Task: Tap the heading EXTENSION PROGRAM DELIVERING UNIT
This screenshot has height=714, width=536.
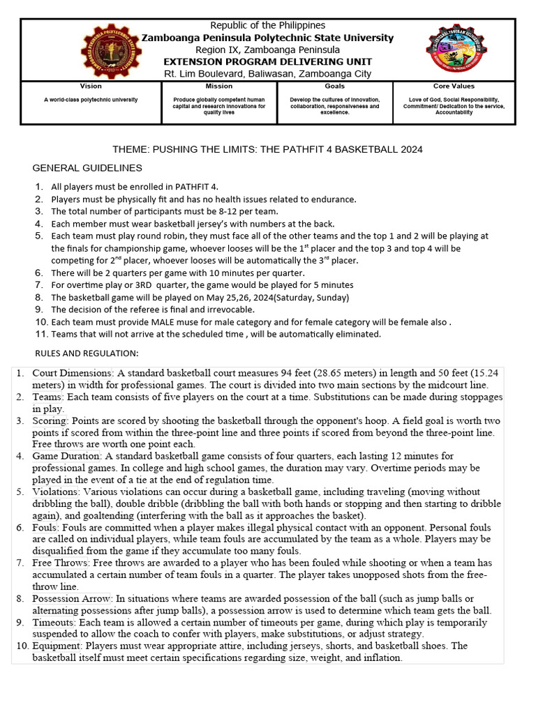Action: tap(268, 61)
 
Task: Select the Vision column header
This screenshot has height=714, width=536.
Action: tap(91, 86)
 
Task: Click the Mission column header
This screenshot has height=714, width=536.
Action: tap(219, 86)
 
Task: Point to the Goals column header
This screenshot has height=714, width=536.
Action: tap(334, 86)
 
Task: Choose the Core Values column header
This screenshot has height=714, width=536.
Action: tap(454, 86)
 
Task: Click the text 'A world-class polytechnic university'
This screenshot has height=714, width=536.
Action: tap(91, 100)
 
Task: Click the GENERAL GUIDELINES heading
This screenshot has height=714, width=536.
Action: tap(87, 168)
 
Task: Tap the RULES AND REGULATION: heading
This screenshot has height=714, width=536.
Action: tap(87, 352)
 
